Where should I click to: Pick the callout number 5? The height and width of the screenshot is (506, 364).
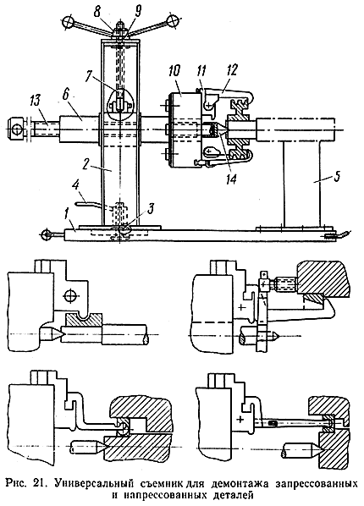[x=337, y=178]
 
